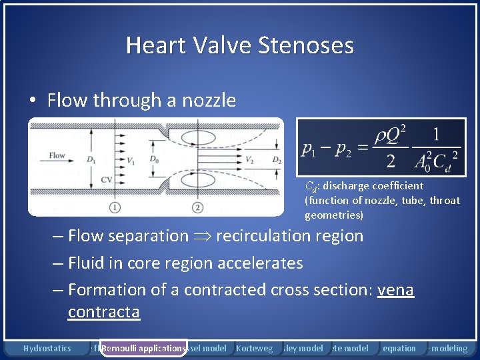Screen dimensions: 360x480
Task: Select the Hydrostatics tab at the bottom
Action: tap(47, 348)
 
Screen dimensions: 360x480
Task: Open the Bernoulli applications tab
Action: tap(143, 348)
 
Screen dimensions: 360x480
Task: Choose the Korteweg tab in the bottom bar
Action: tap(254, 348)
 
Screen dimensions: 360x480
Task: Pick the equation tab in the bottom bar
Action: tap(399, 348)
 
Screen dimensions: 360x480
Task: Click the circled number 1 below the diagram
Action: tap(115, 207)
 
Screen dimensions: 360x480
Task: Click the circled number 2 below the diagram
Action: tap(198, 207)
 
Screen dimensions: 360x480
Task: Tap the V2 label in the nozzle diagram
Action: tap(249, 160)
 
